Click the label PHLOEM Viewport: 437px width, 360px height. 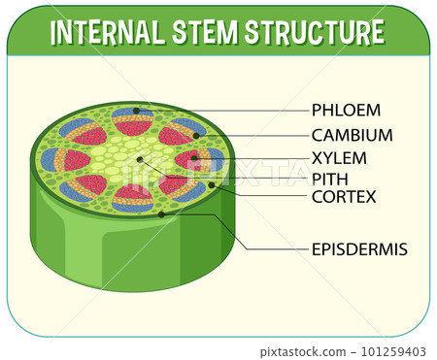tap(346, 110)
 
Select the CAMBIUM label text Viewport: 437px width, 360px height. tap(352, 136)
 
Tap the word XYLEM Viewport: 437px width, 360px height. tap(339, 158)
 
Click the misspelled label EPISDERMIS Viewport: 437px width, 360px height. tap(359, 249)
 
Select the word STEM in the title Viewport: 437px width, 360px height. tap(210, 32)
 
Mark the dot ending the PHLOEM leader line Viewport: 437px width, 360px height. tap(137, 111)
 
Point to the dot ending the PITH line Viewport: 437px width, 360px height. tap(140, 159)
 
